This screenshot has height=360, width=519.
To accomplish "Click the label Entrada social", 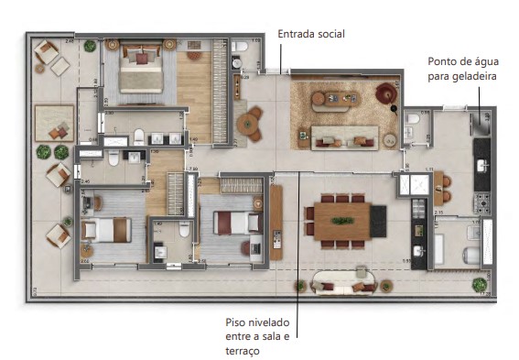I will point(311,34).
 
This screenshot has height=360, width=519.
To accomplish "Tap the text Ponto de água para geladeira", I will point(462,70).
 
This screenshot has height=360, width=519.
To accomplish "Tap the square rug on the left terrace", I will point(53,121).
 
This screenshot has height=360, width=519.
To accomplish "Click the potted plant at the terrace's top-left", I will point(89,45).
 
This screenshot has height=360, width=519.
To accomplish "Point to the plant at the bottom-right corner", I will point(478,285).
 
